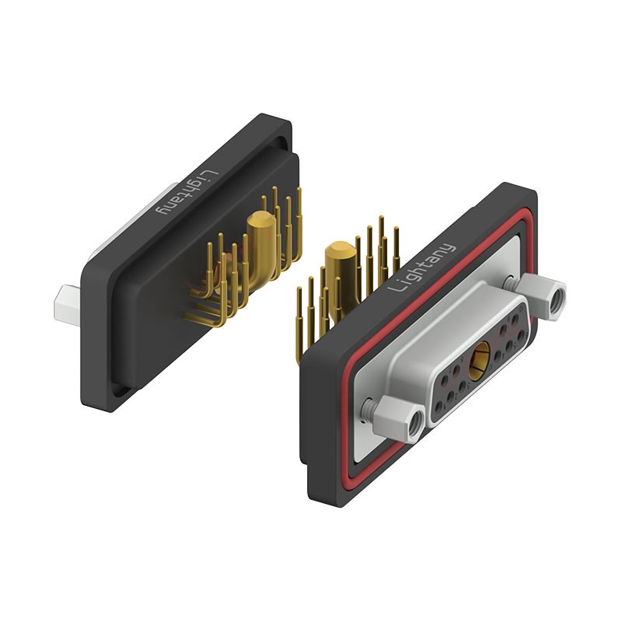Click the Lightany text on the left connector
point(187,192)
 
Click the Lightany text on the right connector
point(422,267)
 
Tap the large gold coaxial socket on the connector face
point(479,361)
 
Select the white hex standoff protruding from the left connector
point(67,306)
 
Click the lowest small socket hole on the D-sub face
point(439,407)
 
